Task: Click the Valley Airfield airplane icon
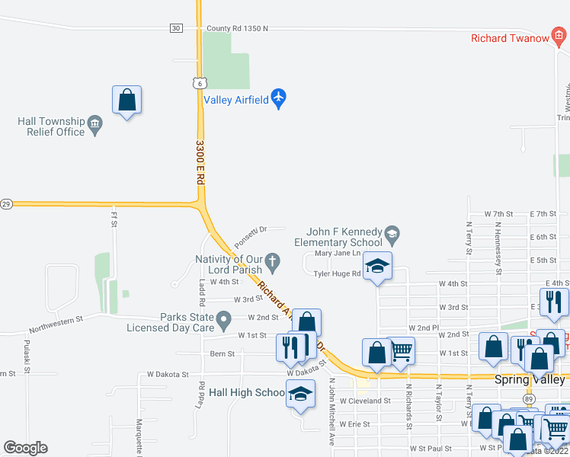(278, 98)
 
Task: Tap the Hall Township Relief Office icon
(95, 123)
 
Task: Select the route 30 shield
(176, 28)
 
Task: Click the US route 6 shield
(199, 82)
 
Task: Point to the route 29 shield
(6, 204)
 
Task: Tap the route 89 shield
(528, 398)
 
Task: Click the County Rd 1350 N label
(238, 28)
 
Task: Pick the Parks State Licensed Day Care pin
(223, 318)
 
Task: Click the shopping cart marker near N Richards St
(401, 350)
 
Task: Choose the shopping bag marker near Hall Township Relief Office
(127, 100)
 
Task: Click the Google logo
(26, 448)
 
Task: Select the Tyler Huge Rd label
(337, 274)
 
